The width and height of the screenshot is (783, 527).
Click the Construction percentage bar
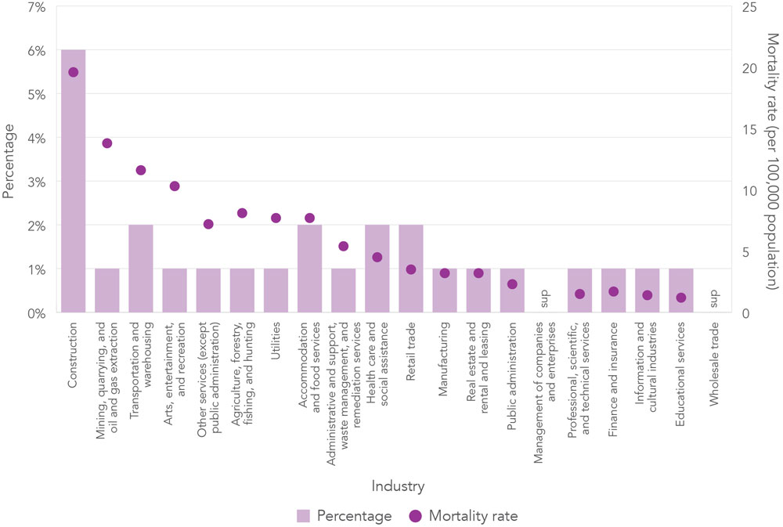(74, 188)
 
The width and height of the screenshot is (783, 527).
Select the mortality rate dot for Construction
(74, 72)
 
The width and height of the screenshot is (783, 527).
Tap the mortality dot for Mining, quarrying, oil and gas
(107, 143)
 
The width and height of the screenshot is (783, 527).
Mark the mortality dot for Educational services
(681, 298)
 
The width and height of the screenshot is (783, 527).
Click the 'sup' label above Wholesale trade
(714, 300)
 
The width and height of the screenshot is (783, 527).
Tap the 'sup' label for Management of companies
(546, 300)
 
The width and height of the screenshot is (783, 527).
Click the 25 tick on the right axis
(750, 7)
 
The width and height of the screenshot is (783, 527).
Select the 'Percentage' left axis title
(9, 159)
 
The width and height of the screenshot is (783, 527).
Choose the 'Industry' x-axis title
(399, 487)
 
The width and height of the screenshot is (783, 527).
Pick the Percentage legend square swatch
(303, 516)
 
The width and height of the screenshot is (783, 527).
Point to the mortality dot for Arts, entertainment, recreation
(175, 186)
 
